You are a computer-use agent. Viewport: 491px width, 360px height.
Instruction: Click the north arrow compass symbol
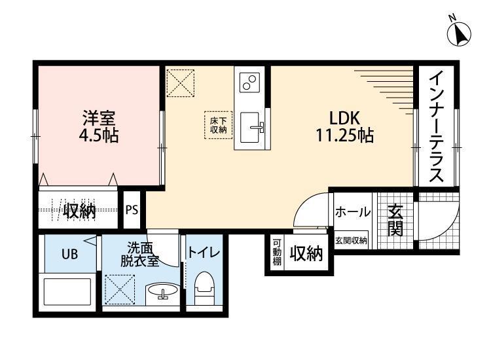(459, 33)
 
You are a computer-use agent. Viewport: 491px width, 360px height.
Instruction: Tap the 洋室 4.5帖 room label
(99, 127)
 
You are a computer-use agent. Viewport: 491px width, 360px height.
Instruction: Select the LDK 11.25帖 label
(344, 127)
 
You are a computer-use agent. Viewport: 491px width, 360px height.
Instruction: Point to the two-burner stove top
(249, 82)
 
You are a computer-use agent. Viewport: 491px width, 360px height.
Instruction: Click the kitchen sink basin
(249, 127)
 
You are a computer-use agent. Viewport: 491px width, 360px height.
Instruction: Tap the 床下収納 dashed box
(218, 125)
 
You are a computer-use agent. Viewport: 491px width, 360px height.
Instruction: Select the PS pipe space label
(132, 209)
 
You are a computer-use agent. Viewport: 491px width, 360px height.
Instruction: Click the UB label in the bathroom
(69, 254)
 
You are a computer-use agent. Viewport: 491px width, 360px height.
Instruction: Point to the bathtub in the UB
(67, 292)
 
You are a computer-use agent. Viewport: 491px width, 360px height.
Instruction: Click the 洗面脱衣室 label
(140, 255)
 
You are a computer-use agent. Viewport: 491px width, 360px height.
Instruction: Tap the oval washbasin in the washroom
(162, 290)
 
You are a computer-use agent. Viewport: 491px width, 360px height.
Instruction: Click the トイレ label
(204, 252)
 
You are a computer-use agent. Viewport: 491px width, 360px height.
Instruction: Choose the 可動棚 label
(277, 252)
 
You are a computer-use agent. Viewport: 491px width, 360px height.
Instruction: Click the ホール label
(353, 212)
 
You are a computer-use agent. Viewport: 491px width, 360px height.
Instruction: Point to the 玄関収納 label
(351, 240)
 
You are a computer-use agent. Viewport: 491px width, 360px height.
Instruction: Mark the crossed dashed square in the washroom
(120, 289)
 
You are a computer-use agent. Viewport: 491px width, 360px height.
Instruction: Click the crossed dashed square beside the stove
(181, 83)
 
